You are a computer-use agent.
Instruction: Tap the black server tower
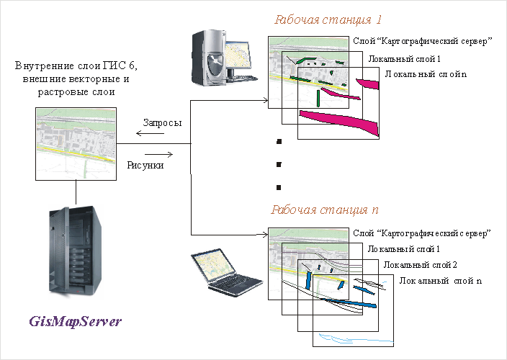tap(73, 253)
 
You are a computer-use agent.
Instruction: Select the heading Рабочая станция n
tap(325, 210)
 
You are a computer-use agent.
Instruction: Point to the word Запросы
tap(162, 123)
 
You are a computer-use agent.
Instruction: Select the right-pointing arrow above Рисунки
tap(158, 153)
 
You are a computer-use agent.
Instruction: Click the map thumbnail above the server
tap(76, 143)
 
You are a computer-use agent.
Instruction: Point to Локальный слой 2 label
tap(416, 264)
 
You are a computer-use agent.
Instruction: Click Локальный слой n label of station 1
tap(426, 74)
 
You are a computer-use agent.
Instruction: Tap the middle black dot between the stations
tap(277, 165)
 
